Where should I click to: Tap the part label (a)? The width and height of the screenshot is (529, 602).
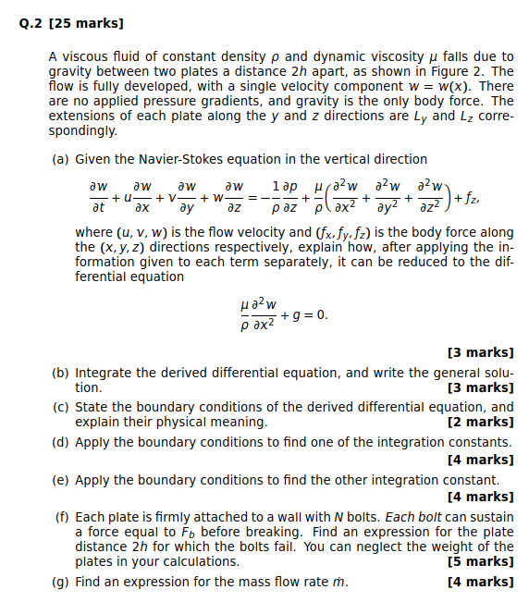point(61,159)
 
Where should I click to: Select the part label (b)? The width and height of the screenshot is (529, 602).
point(61,373)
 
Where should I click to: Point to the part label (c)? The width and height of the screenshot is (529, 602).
point(61,407)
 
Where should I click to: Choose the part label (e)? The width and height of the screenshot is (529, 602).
point(61,480)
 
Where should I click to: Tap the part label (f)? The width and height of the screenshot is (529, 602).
point(61,517)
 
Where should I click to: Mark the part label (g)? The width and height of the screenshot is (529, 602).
point(61,582)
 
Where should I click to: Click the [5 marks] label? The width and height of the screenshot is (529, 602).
point(479,561)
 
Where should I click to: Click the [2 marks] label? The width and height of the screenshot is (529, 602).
point(479,422)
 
